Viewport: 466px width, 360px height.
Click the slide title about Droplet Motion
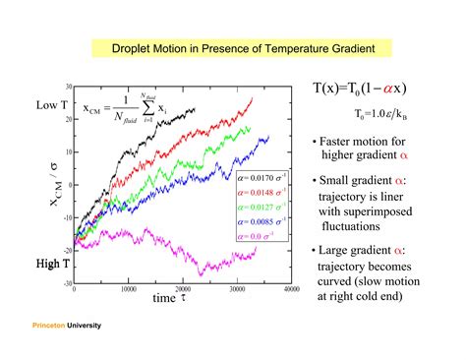233,48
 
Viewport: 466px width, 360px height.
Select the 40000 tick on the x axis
290,290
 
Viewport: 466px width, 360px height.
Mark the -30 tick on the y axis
66,282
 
